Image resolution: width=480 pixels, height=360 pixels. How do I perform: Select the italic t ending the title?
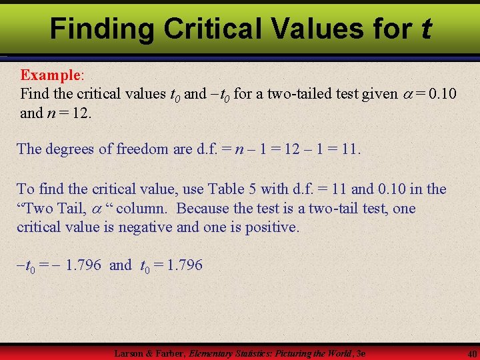(425, 29)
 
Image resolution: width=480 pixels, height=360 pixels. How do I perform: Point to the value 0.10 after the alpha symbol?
(443, 94)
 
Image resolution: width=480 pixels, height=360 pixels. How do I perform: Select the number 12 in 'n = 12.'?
(79, 113)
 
